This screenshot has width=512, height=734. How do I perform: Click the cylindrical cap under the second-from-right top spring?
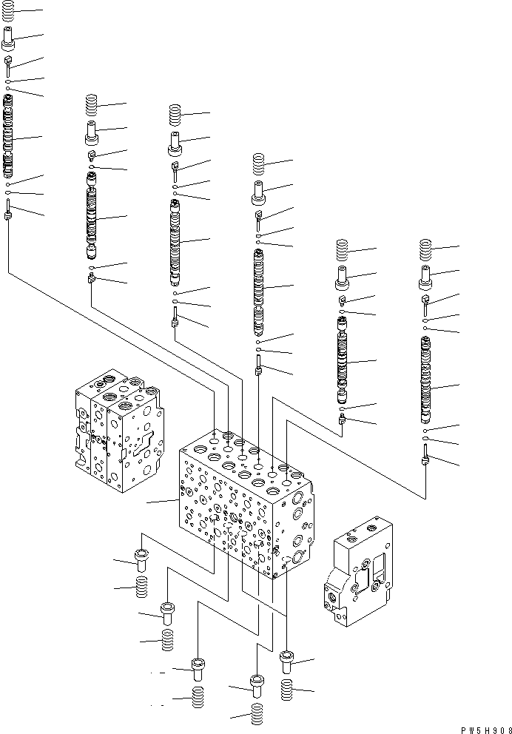point(342,278)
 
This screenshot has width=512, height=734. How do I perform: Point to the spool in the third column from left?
point(175,240)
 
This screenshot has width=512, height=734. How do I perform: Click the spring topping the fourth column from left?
point(258,164)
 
